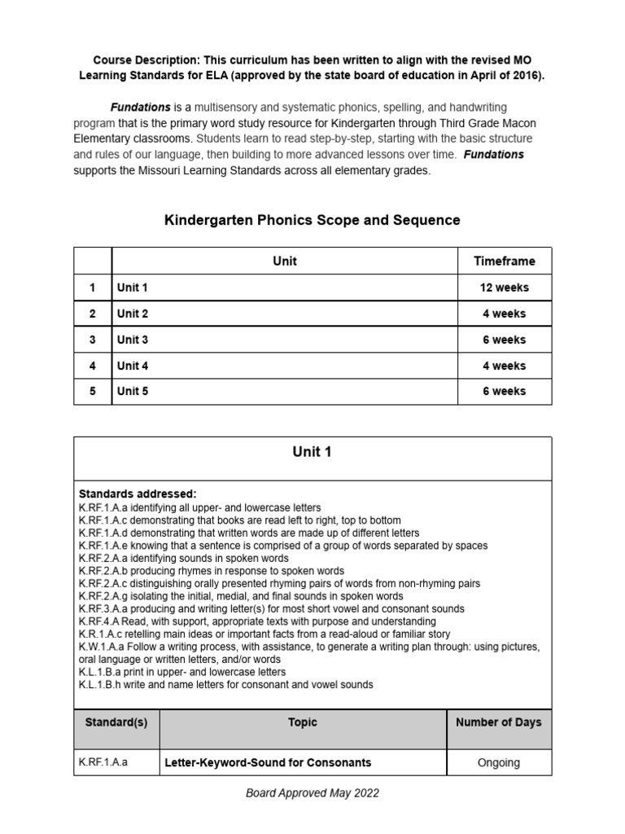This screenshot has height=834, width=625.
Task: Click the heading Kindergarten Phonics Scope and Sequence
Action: [312, 220]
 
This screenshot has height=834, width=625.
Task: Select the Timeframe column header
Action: [504, 261]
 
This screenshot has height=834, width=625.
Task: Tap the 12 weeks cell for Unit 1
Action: [504, 288]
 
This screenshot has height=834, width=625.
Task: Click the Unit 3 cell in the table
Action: [133, 340]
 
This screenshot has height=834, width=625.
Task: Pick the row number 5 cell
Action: [93, 391]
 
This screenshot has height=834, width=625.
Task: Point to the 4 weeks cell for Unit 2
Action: [504, 314]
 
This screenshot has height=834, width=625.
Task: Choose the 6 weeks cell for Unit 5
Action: [504, 391]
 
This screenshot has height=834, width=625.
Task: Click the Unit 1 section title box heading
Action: [312, 453]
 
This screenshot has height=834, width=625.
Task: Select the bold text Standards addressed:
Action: [138, 494]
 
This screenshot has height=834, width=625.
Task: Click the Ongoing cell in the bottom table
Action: [499, 762]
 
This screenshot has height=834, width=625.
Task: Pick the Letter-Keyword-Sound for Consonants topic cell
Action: [268, 762]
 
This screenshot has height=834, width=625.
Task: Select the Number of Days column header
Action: [499, 722]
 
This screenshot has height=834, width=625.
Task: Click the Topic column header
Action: [303, 722]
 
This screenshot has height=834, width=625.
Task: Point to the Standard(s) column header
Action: [116, 722]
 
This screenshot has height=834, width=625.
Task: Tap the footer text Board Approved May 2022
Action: [312, 793]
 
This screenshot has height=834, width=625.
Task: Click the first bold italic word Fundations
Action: [141, 108]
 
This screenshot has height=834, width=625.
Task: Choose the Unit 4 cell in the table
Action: [133, 366]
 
